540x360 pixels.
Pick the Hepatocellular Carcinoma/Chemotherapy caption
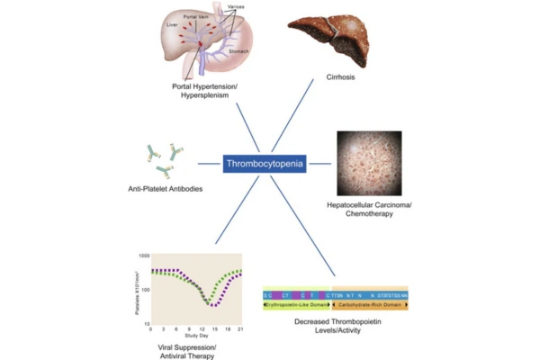click(368, 211)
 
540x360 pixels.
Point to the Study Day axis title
click(197, 335)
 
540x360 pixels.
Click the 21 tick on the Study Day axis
click(241, 329)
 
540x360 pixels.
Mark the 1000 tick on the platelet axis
click(143, 256)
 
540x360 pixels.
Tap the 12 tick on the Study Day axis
click(203, 329)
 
